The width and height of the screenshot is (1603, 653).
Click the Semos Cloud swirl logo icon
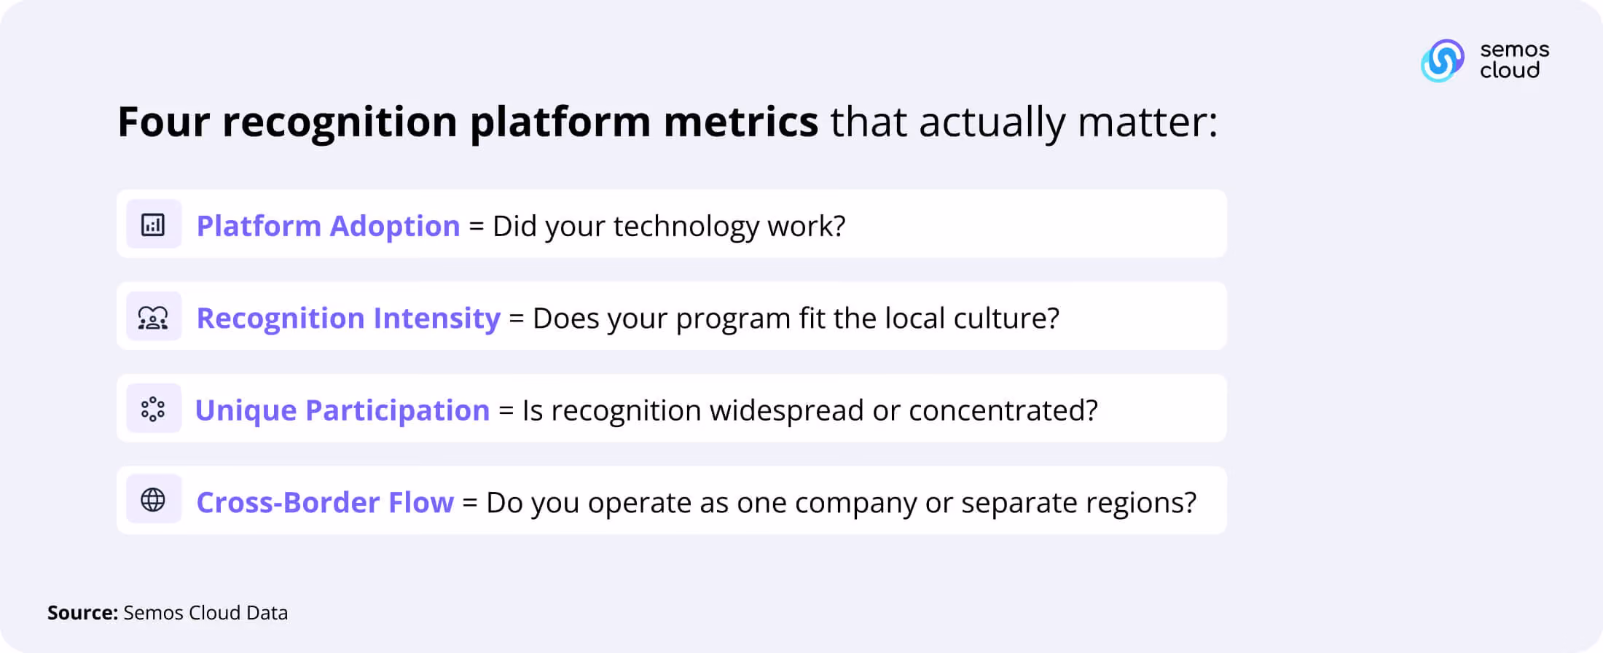pos(1442,60)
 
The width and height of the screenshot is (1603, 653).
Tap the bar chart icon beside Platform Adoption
pos(153,224)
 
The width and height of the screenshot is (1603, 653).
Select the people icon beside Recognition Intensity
pos(153,317)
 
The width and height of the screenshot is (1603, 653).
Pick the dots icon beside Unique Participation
pos(153,409)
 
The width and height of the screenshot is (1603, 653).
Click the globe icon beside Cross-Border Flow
pos(153,500)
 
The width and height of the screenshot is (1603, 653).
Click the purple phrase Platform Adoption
pos(329,226)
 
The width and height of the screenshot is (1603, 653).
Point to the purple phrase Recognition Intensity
pos(348,318)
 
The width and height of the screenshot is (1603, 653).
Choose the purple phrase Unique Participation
pos(342,410)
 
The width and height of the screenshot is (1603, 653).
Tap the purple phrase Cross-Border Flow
pos(325,502)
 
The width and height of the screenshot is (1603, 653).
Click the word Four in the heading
pos(164,122)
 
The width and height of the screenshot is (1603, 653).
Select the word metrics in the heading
pos(741,122)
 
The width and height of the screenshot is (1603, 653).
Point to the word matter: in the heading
pos(1148,122)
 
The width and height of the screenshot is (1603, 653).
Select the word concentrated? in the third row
pos(1003,410)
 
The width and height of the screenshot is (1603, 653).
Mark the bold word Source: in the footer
pos(82,613)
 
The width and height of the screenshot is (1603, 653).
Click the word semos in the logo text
pos(1515,50)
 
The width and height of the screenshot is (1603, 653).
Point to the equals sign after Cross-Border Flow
pos(470,503)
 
